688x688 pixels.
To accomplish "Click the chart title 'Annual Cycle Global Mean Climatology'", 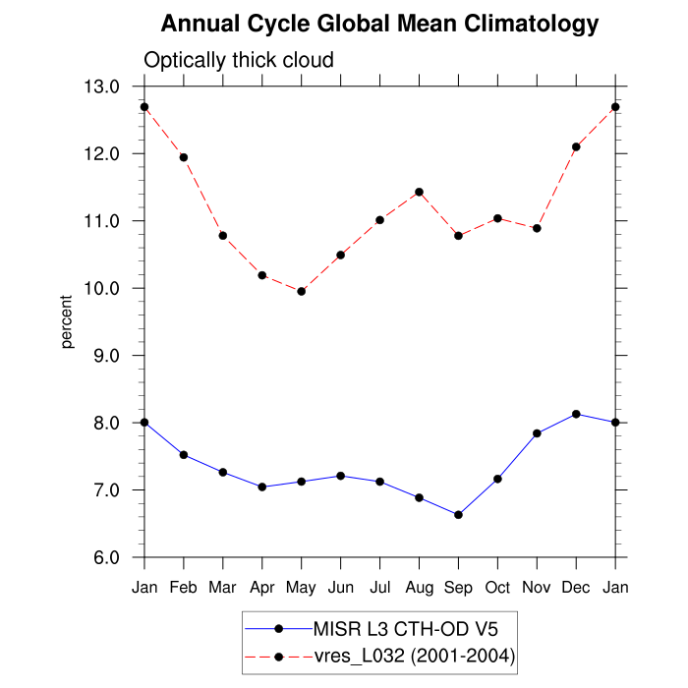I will (379, 23).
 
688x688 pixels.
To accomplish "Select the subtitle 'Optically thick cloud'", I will (239, 60).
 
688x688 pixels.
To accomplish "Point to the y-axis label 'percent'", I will (68, 321).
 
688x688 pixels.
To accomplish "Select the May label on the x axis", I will (301, 588).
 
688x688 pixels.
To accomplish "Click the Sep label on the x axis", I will (458, 588).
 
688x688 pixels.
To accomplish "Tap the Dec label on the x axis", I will (576, 588).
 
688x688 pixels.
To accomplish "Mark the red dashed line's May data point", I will (302, 291).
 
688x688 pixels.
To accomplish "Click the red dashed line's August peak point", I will (420, 192).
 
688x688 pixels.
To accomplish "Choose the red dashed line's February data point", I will (184, 157).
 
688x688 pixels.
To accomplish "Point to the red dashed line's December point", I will (576, 146).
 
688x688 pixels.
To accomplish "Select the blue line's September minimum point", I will (458, 515).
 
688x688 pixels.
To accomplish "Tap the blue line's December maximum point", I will (576, 414).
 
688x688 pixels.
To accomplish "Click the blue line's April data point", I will (262, 487).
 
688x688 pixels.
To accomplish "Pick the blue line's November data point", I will (537, 433).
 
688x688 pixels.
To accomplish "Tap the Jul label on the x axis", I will (379, 588).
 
